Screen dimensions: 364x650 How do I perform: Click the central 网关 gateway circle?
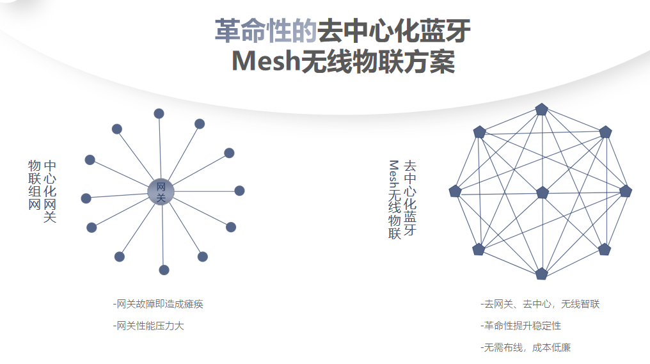[x=161, y=192]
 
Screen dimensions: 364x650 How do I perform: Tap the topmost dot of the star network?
[x=159, y=114]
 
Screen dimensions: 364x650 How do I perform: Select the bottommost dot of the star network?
[x=164, y=270]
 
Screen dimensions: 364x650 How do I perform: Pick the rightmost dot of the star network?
[x=239, y=191]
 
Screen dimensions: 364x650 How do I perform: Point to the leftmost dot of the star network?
[x=86, y=198]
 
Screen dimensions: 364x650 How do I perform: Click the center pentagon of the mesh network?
[x=543, y=193]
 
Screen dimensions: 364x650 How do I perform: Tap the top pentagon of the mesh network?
[x=542, y=109]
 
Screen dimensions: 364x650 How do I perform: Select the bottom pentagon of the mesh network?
[x=541, y=274]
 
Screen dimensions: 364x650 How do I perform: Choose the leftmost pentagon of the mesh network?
[x=456, y=191]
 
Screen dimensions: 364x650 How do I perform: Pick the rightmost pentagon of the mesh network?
[x=626, y=191]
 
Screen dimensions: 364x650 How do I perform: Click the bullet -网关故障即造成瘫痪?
[x=158, y=304]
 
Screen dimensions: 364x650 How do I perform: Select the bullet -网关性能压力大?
[x=148, y=326]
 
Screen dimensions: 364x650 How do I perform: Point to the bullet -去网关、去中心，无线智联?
[x=540, y=304]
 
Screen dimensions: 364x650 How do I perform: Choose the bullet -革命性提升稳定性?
[x=521, y=326]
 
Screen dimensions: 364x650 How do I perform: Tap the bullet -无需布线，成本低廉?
[x=525, y=347]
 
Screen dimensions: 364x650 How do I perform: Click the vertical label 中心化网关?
[x=50, y=191]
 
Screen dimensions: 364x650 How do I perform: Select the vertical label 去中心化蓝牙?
[x=409, y=198]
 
